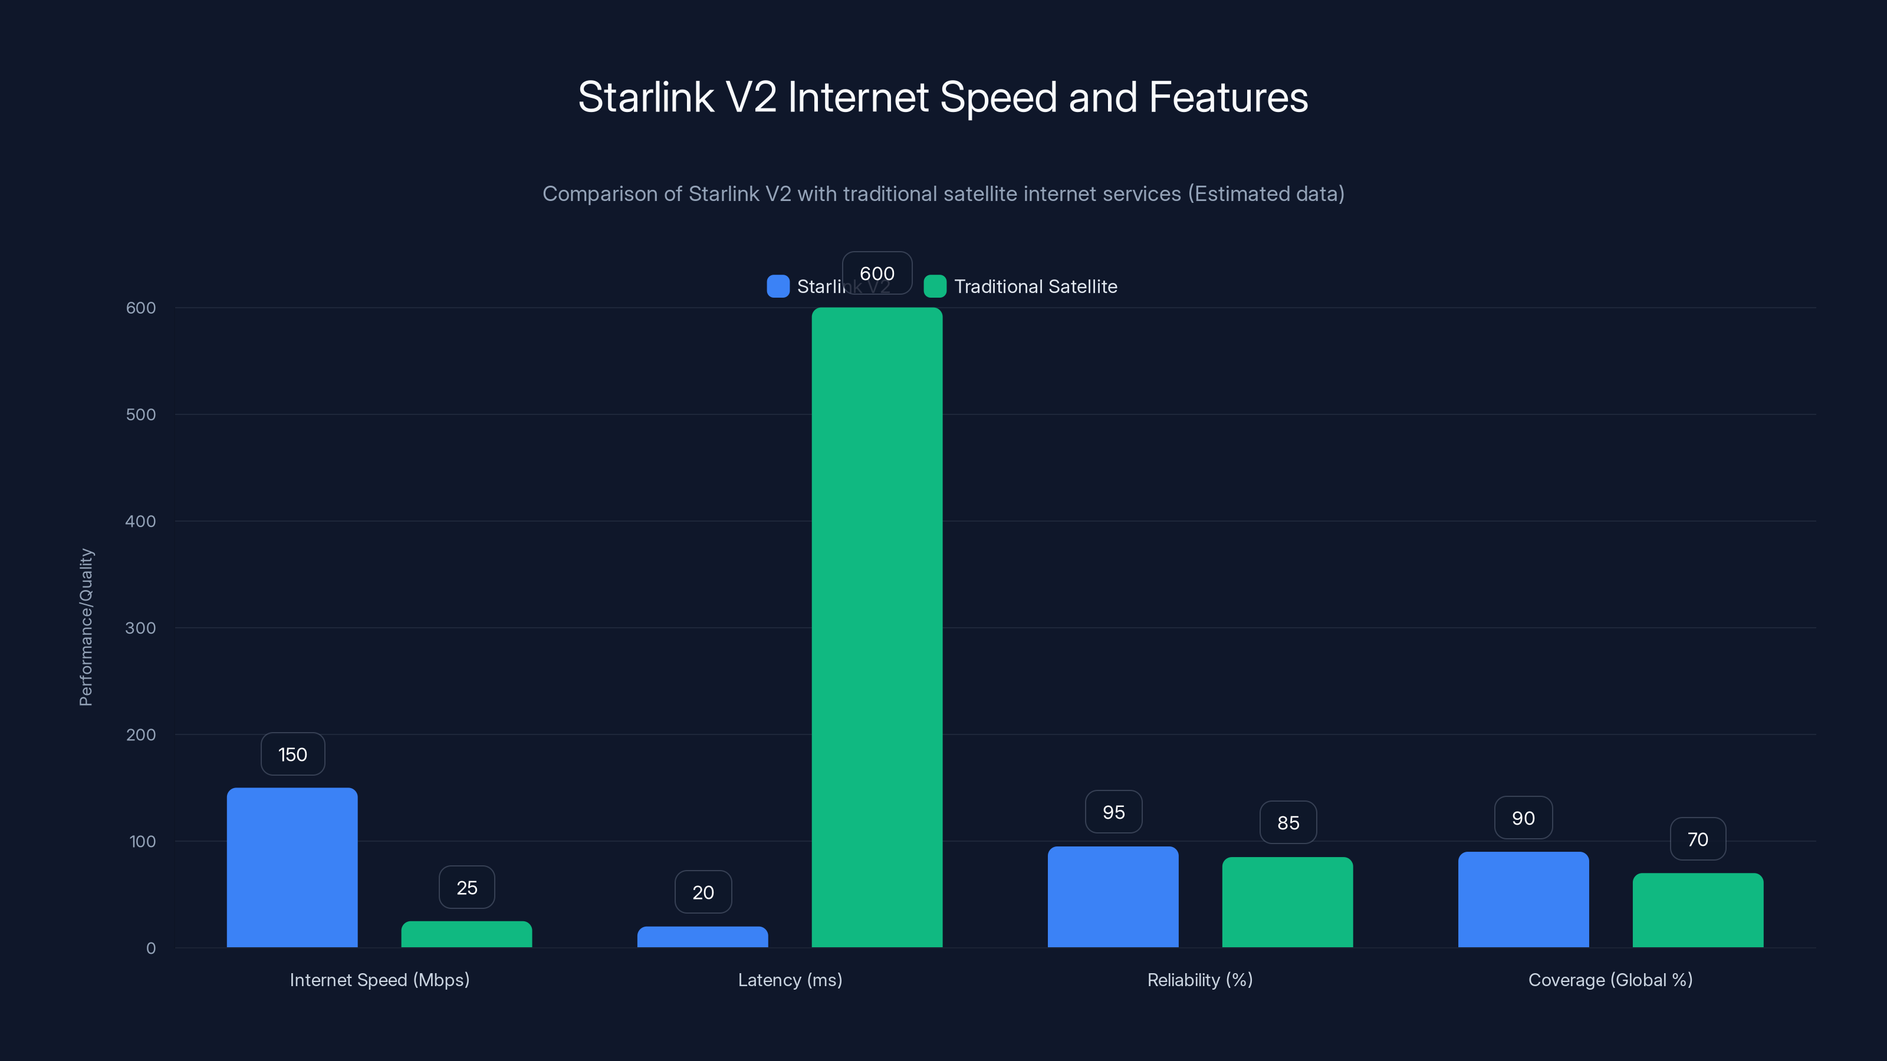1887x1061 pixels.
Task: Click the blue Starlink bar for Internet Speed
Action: [292, 867]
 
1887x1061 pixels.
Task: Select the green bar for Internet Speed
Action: [466, 934]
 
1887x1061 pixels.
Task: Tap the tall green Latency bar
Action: [877, 627]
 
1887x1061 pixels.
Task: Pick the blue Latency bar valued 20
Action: [702, 937]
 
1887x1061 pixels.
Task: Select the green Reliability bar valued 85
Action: [1287, 901]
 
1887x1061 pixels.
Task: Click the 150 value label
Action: [292, 754]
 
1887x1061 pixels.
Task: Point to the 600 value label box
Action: [877, 273]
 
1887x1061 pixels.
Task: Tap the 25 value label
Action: [466, 888]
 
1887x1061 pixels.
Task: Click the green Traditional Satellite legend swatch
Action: [935, 286]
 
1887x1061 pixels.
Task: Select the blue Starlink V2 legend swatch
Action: [778, 286]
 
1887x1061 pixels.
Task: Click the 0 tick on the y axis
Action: [151, 948]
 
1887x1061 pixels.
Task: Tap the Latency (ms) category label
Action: [790, 980]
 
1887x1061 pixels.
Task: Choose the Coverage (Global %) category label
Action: [1610, 980]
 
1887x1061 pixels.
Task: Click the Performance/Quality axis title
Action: [86, 627]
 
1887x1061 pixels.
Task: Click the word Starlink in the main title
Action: [645, 97]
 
